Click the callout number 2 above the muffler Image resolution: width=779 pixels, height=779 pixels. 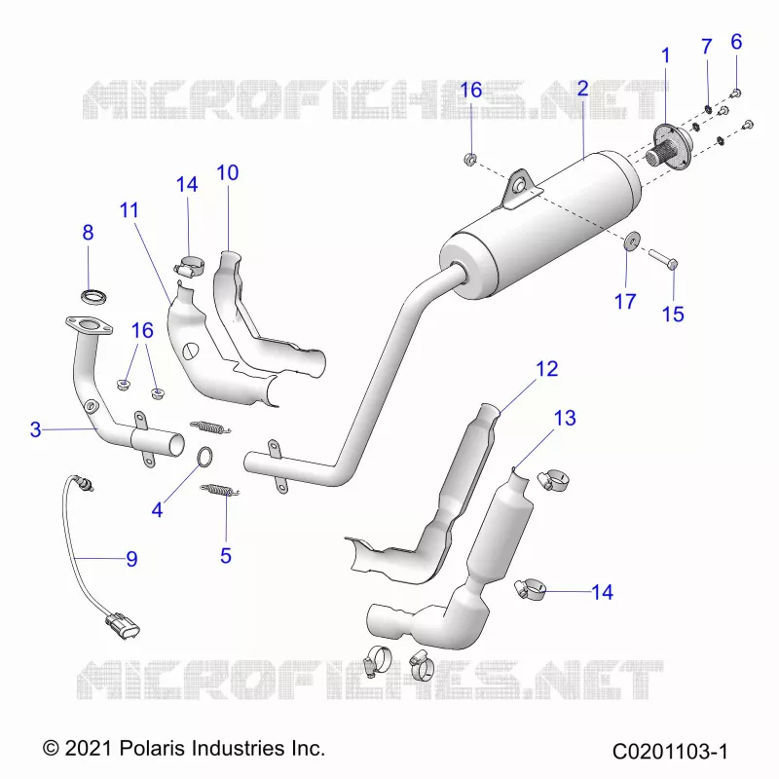[x=582, y=89]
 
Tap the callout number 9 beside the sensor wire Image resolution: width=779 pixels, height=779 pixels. [x=131, y=559]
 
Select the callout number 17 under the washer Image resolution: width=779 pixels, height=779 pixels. [x=625, y=301]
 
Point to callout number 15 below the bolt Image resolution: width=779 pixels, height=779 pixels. [x=673, y=314]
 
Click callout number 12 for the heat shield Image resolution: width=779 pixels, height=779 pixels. [x=546, y=369]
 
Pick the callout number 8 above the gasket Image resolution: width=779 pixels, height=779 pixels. [x=88, y=232]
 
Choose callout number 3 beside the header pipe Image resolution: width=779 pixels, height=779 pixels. [x=35, y=429]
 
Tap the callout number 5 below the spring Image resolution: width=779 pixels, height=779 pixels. [x=226, y=555]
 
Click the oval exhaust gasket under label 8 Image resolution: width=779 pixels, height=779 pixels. [x=93, y=297]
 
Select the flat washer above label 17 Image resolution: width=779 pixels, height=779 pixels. [x=631, y=241]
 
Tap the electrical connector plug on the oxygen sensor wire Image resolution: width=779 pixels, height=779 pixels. [x=124, y=626]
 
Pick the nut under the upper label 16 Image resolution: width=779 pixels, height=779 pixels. [x=470, y=160]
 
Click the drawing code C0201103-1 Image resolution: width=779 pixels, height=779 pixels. [x=670, y=751]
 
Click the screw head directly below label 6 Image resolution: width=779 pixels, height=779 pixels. [x=736, y=93]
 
